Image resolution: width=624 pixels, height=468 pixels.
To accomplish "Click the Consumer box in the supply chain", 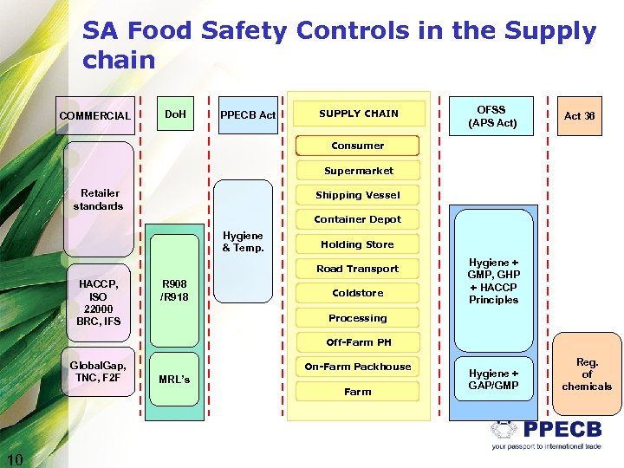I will (357, 146).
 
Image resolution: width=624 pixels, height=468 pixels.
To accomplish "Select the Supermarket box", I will (358, 171).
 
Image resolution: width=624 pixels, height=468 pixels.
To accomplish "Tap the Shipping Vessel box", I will (358, 195).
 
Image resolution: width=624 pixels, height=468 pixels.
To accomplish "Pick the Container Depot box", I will (358, 219).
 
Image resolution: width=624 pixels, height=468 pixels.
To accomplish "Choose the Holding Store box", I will (358, 244).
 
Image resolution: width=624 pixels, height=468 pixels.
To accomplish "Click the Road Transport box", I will (358, 269).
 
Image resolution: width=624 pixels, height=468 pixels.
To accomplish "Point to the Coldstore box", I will (358, 293).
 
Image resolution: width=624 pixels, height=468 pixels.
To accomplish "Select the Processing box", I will (358, 318).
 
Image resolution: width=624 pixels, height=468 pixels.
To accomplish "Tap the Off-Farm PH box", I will (358, 342).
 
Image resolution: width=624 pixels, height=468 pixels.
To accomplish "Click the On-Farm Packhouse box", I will (358, 367).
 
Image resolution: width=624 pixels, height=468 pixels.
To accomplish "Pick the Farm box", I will (358, 392).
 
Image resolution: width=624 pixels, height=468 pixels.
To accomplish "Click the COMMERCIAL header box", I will (95, 115).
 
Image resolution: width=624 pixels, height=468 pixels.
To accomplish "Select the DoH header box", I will (176, 114).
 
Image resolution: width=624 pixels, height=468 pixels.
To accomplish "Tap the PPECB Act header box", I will (248, 114).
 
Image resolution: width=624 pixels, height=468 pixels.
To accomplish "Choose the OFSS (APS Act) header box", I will (492, 116).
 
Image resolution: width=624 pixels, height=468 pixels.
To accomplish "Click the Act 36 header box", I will (579, 115).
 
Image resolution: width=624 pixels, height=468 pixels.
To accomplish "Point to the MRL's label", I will (174, 380).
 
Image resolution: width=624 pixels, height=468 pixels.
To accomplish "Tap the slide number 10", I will (15, 458).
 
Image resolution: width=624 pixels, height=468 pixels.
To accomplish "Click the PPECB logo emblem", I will (504, 430).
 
